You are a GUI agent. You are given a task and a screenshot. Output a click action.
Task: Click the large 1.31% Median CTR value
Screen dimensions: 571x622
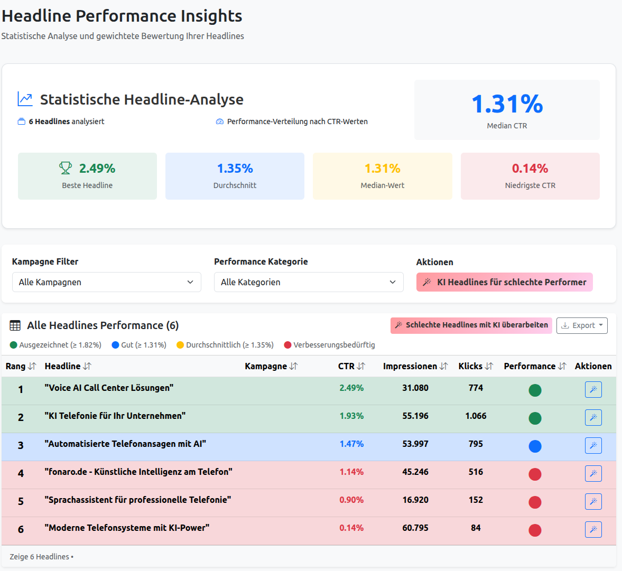click(x=507, y=104)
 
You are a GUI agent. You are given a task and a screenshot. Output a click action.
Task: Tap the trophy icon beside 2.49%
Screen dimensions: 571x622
click(x=66, y=169)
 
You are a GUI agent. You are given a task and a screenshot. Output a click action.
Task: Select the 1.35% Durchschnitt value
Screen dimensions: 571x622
click(x=235, y=169)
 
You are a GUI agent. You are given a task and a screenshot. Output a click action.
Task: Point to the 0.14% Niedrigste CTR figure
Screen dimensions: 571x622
click(x=530, y=169)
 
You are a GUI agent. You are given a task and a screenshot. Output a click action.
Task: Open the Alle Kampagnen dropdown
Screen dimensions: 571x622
click(x=106, y=282)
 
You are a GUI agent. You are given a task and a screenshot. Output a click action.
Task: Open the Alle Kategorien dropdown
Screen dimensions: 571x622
click(x=308, y=282)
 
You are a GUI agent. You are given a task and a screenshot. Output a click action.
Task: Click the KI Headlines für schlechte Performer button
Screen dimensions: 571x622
click(x=504, y=282)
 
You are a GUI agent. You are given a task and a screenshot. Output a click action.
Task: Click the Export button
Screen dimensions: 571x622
click(x=581, y=325)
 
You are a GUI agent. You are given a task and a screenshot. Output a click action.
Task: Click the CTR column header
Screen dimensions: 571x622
click(x=351, y=366)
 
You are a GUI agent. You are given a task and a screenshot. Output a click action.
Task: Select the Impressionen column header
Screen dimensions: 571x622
click(x=415, y=366)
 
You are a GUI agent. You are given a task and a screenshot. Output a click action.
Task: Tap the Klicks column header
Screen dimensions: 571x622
click(x=475, y=366)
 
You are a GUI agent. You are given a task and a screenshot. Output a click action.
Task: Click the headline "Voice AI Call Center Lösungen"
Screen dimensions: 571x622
click(x=109, y=388)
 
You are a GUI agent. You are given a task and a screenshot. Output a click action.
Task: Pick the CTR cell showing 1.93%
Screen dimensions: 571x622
click(x=351, y=416)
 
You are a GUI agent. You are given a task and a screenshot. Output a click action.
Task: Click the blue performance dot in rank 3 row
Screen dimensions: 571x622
click(x=535, y=446)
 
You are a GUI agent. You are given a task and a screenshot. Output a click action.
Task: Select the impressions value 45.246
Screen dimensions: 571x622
click(x=415, y=472)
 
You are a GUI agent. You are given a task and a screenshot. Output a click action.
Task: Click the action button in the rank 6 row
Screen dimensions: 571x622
click(x=593, y=529)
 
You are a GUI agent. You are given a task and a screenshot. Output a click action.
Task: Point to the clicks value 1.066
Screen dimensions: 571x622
click(x=476, y=416)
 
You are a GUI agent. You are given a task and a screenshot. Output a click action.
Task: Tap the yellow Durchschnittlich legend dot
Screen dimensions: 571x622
click(x=180, y=345)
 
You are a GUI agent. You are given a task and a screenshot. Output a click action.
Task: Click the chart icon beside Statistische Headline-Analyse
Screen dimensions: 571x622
click(x=25, y=99)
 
